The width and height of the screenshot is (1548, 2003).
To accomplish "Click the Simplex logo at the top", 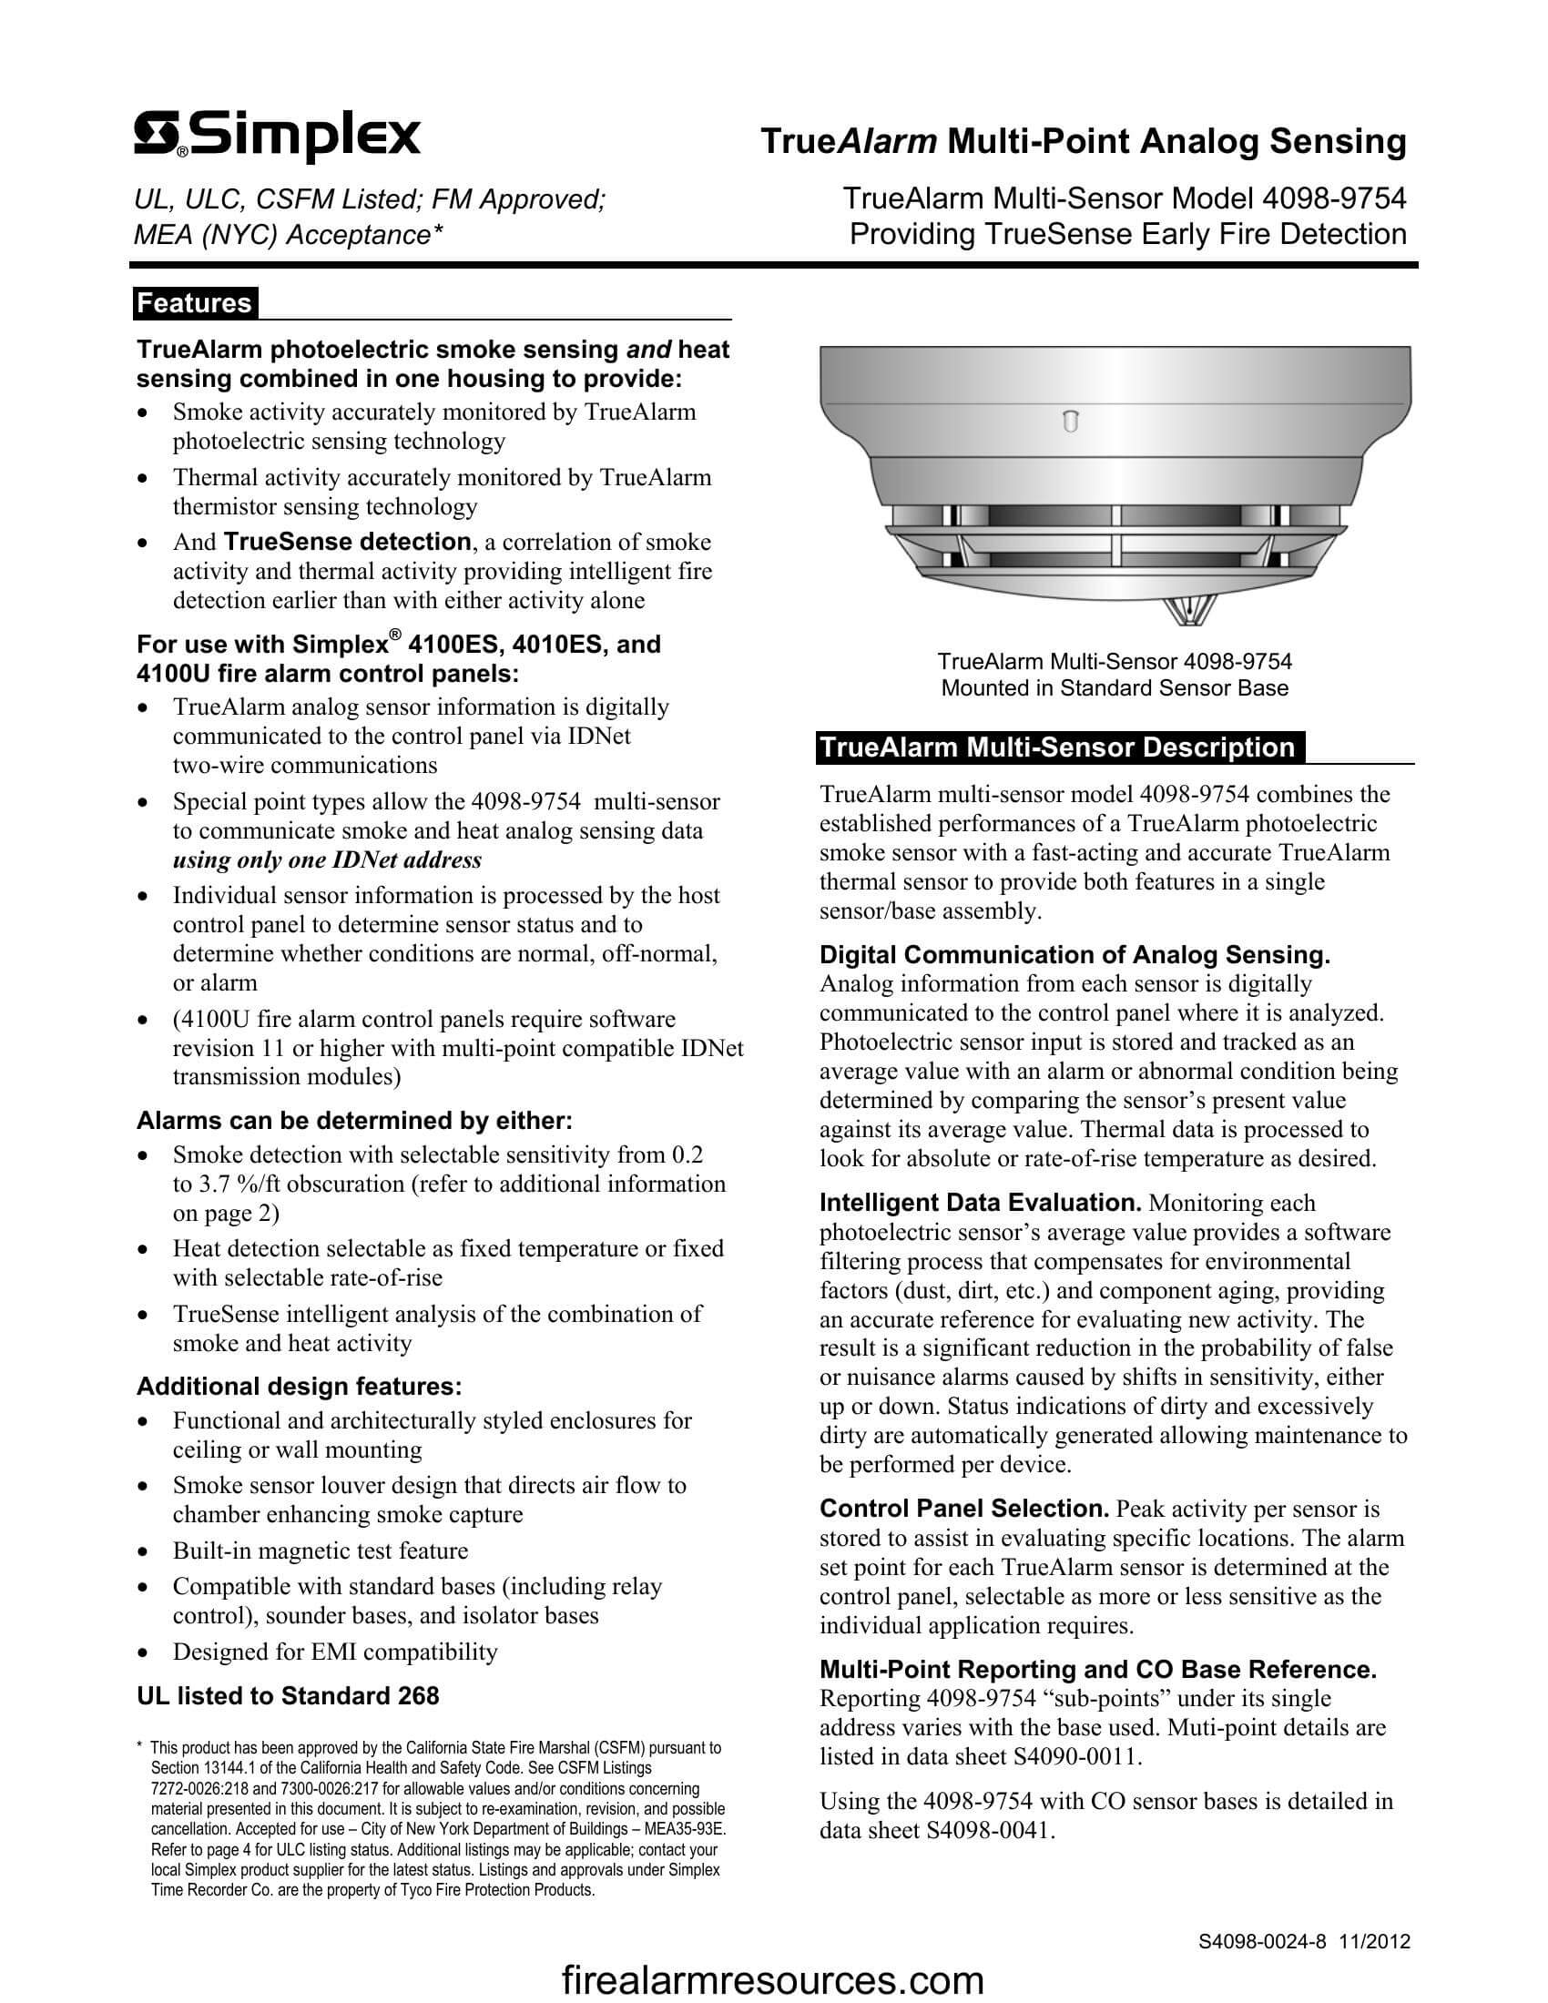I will (277, 137).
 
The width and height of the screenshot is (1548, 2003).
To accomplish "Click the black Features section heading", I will (195, 303).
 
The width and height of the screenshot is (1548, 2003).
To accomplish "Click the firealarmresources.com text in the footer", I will (772, 1981).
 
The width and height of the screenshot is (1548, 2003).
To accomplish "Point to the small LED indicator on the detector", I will (1069, 422).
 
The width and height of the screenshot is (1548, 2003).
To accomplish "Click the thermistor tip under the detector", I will (1189, 610).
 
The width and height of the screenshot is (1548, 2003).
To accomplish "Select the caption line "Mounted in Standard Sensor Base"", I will (1115, 687).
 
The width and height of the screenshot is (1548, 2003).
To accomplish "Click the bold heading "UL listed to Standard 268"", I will (287, 1696).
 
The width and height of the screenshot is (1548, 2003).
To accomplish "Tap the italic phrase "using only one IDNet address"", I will (327, 860).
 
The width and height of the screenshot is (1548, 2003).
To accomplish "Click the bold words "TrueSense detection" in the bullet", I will (347, 542).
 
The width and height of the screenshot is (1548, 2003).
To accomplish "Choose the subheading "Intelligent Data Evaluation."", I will (980, 1204).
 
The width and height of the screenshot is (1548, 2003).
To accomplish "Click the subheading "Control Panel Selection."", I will (963, 1509).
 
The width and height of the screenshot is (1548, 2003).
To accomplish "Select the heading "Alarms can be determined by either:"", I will (354, 1121).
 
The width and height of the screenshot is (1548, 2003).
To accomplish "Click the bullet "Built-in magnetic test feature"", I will (320, 1551).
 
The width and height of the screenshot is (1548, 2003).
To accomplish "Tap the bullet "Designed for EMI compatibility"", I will (335, 1652).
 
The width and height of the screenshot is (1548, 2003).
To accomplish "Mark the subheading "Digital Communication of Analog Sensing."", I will (1074, 956).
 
